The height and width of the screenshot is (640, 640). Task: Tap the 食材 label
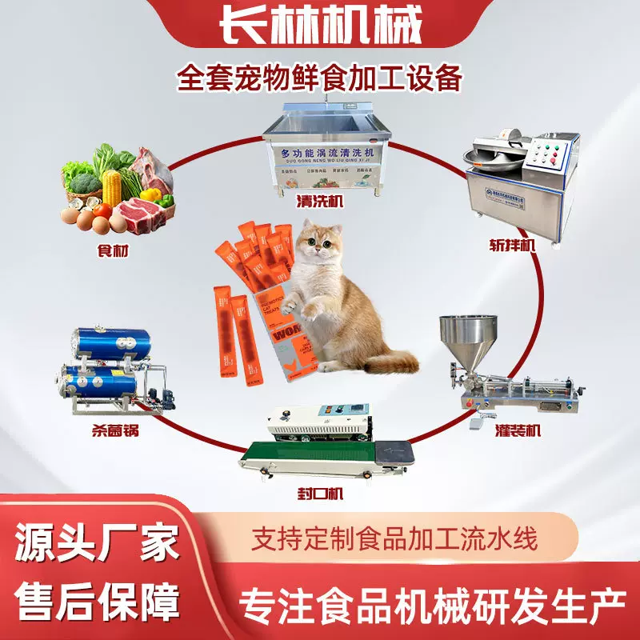tap(110, 251)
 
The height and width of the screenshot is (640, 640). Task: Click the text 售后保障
tap(96, 602)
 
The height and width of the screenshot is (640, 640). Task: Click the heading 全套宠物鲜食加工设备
tap(320, 81)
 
